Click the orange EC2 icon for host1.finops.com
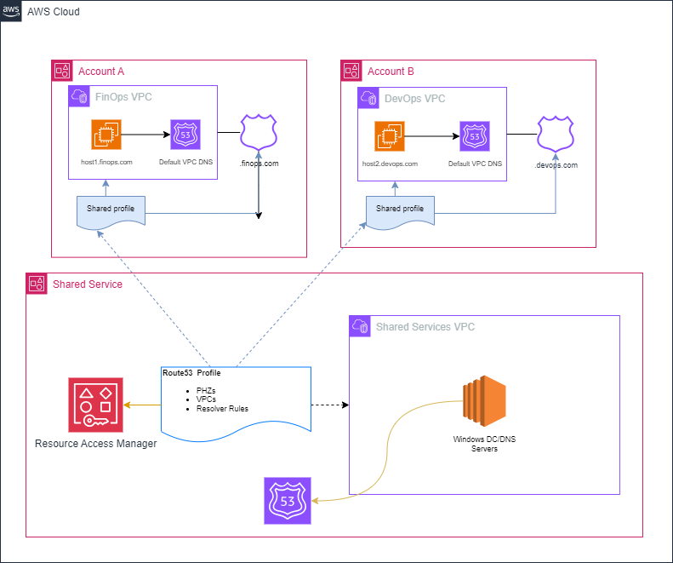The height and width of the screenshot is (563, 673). click(107, 134)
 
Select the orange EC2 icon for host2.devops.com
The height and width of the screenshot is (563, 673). click(390, 135)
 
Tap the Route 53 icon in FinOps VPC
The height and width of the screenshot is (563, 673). click(185, 134)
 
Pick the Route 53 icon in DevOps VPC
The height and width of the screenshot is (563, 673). click(475, 135)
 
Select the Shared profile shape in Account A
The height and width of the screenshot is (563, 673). click(111, 210)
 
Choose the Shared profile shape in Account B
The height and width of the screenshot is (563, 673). click(400, 210)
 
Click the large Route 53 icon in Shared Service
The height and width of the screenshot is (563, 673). click(288, 500)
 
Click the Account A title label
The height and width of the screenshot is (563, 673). click(107, 71)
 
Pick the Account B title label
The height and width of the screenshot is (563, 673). click(396, 71)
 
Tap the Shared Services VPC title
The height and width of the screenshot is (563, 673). click(425, 327)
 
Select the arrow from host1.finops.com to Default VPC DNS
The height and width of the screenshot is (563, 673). click(145, 134)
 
